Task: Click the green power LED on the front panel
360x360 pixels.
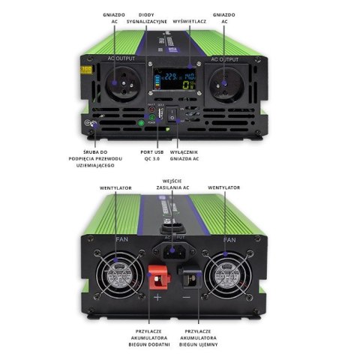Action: pyautogui.click(x=140, y=121)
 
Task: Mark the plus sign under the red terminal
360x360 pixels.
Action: pyautogui.click(x=158, y=298)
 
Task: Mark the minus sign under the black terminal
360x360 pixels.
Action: pyautogui.click(x=187, y=298)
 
